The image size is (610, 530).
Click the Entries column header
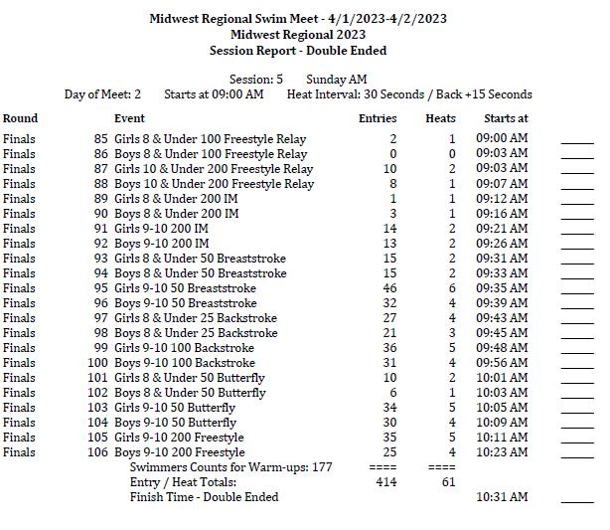(x=377, y=118)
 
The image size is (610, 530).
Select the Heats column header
(x=440, y=118)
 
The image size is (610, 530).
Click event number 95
(x=101, y=288)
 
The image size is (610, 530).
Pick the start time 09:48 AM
(x=502, y=348)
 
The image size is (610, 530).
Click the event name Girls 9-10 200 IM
(x=161, y=229)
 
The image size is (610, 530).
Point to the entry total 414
(x=386, y=482)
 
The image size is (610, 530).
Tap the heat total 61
(x=449, y=482)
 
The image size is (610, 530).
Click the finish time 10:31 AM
(x=502, y=497)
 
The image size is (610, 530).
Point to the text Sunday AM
(x=336, y=80)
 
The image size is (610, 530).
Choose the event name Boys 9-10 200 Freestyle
(x=179, y=452)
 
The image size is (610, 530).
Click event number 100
(x=97, y=363)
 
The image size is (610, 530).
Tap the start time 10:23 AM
(x=502, y=452)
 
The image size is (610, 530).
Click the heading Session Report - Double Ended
(x=298, y=51)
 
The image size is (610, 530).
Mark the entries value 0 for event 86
(x=392, y=154)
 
